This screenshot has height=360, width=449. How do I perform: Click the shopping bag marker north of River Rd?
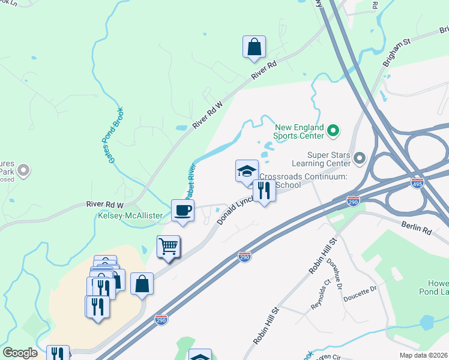pyautogui.click(x=254, y=47)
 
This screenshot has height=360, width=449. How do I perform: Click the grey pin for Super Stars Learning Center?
pyautogui.click(x=360, y=158)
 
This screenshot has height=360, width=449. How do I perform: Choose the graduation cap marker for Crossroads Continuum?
pyautogui.click(x=247, y=172)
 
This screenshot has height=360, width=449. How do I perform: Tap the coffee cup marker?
pyautogui.click(x=183, y=211)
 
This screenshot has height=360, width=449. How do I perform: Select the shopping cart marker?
pyautogui.click(x=169, y=247)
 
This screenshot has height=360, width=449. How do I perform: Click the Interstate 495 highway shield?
pyautogui.click(x=417, y=181)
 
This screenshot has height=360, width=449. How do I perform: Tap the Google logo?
pyautogui.click(x=20, y=353)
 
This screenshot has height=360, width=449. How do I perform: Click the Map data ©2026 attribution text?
pyautogui.click(x=424, y=355)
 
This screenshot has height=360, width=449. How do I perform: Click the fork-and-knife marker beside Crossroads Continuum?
pyautogui.click(x=265, y=191)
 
